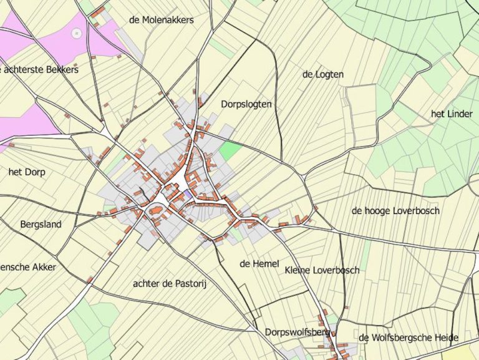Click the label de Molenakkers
coord(162,20)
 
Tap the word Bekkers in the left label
coord(61,70)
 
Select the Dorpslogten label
coord(246,104)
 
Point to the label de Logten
coord(323,74)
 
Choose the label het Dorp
coord(27,172)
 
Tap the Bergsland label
coord(41,224)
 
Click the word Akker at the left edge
coord(42,267)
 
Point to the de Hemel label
coord(259,264)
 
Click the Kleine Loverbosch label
coord(322,270)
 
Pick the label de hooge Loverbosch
coord(395,211)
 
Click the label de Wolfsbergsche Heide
coord(409,338)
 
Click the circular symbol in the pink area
coord(78,32)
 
